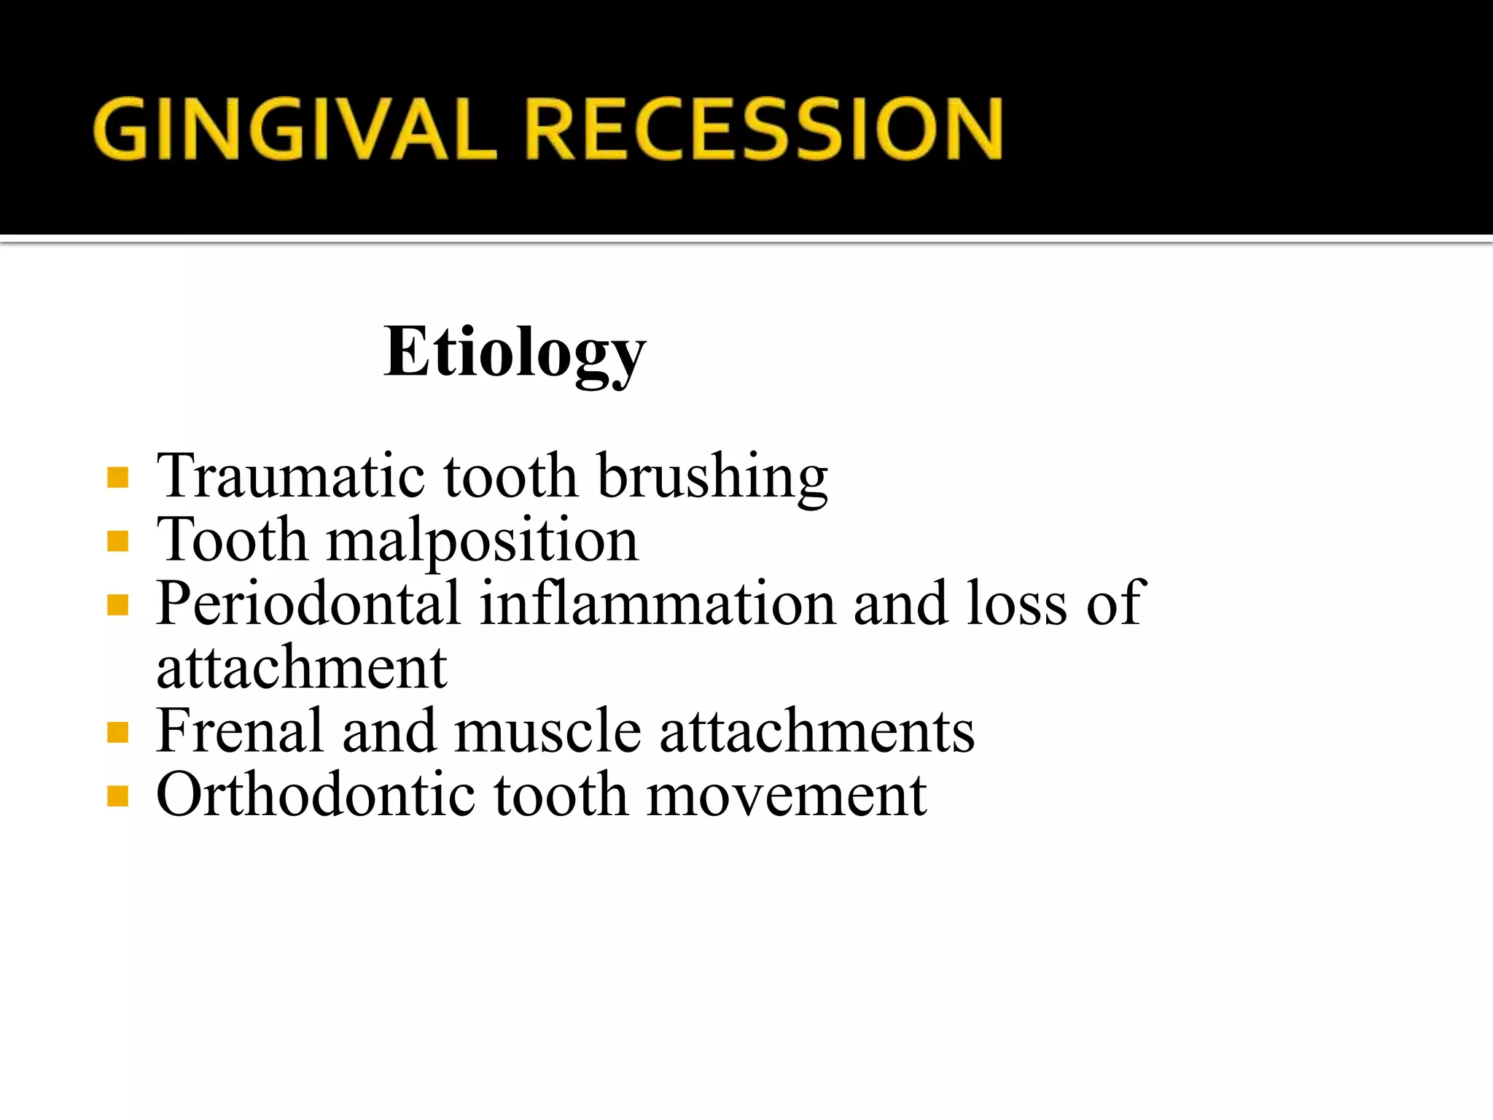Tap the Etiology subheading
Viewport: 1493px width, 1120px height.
click(x=515, y=353)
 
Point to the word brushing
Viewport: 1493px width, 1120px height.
click(x=712, y=478)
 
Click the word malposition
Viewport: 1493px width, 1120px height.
click(x=482, y=541)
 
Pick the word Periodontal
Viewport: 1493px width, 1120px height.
click(x=308, y=604)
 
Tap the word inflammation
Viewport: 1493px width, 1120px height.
click(x=658, y=604)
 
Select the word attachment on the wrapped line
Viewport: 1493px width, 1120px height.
click(x=301, y=668)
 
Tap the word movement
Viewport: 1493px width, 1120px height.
click(x=787, y=796)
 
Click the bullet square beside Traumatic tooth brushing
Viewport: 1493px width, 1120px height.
click(x=117, y=478)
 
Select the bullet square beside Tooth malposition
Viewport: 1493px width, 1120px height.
click(x=117, y=542)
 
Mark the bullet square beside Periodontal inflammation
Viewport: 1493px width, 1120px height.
click(x=117, y=605)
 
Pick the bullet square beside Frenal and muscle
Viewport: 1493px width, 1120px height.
click(x=117, y=732)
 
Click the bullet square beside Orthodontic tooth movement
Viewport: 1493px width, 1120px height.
click(x=117, y=796)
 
